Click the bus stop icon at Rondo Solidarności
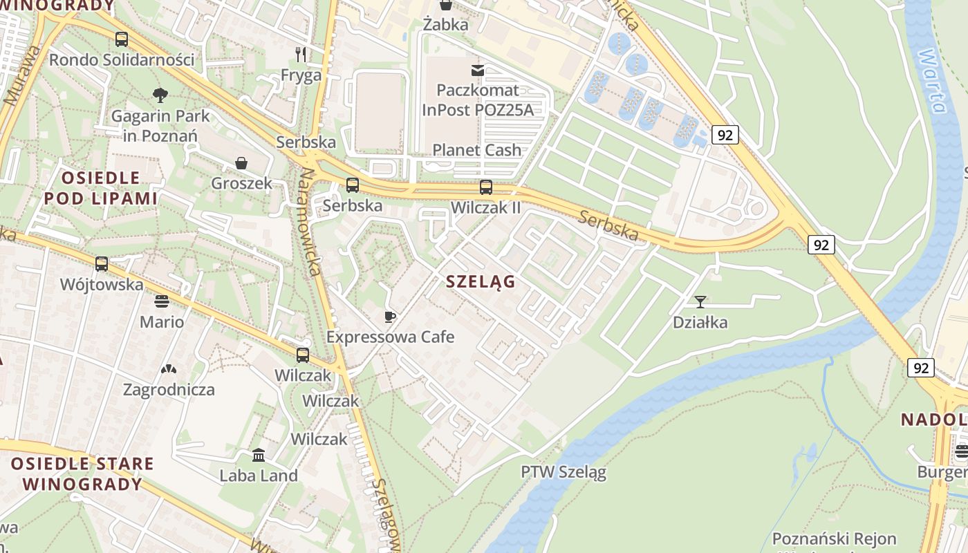point(122,39)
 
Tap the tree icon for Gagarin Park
point(160,95)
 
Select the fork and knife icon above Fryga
point(301,54)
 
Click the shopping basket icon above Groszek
point(241,163)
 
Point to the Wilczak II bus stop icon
point(486,187)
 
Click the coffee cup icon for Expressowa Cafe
point(390,317)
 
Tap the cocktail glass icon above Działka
point(700,301)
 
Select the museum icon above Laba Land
point(259,455)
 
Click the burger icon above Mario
point(162,301)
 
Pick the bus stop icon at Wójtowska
point(102,264)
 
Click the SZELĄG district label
point(481,281)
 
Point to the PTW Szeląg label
point(564,473)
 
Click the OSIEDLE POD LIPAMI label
point(101,188)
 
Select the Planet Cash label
point(476,150)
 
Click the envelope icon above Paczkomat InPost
point(478,70)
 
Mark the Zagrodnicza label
point(169,390)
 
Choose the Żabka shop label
point(446,25)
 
